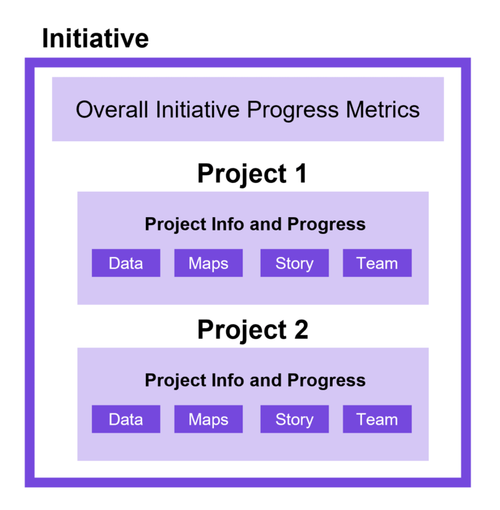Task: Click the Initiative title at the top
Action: pos(95,38)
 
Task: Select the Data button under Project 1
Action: pos(126,263)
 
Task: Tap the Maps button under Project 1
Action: pos(209,263)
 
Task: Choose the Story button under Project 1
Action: pos(294,263)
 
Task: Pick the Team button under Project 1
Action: pos(377,263)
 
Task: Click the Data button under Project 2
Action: pos(126,419)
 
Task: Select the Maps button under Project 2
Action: pos(209,419)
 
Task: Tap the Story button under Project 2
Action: pos(294,419)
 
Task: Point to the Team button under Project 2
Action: pos(377,419)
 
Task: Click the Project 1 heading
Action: pos(253,174)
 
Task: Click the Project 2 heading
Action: pos(253,330)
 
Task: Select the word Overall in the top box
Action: pos(113,109)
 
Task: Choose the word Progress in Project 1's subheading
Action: pos(326,225)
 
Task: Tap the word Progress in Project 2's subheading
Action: pos(326,381)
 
